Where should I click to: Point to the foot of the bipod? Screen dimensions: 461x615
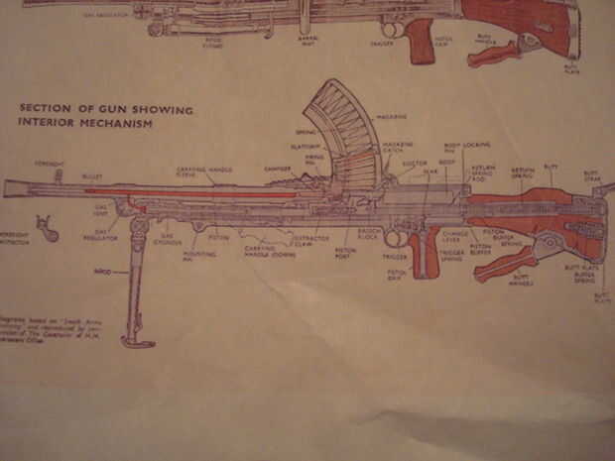click(138, 342)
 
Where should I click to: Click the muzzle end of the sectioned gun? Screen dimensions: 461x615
click(8, 189)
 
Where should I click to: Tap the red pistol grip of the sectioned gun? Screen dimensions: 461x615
click(427, 253)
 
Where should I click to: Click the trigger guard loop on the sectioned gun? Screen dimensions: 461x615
click(397, 238)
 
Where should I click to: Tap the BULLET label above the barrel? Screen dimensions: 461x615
click(92, 175)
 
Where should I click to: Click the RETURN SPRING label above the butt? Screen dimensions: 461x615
click(522, 173)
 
